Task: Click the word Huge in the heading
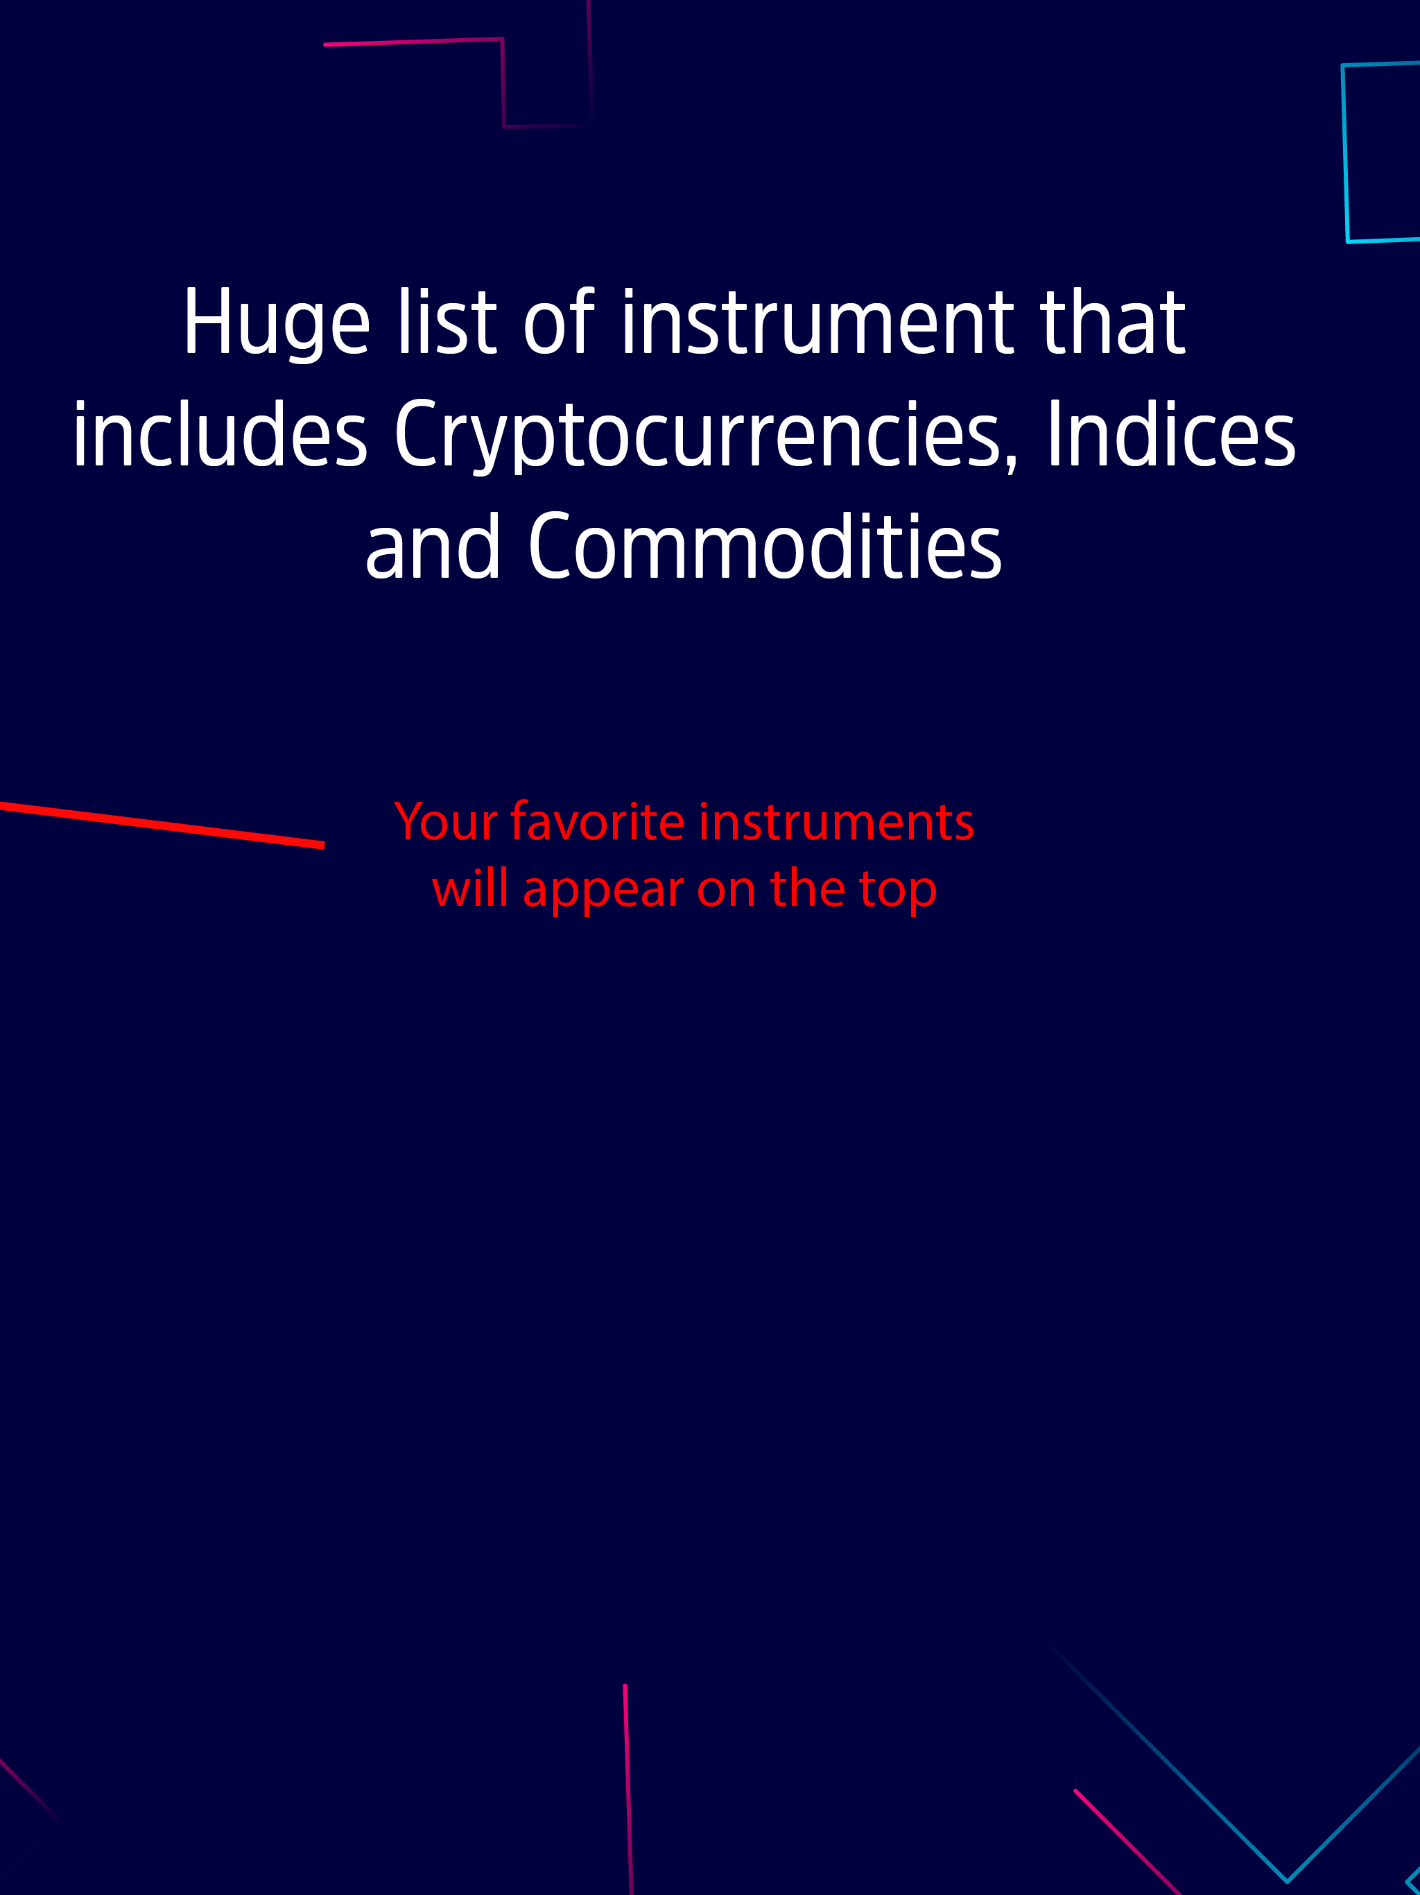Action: (276, 324)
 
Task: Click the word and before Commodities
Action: (432, 548)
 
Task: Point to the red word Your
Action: (445, 823)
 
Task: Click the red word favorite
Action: (597, 823)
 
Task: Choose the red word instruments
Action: (836, 823)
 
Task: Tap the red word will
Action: (469, 889)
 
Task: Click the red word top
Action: (898, 891)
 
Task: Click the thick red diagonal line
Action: (163, 825)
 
